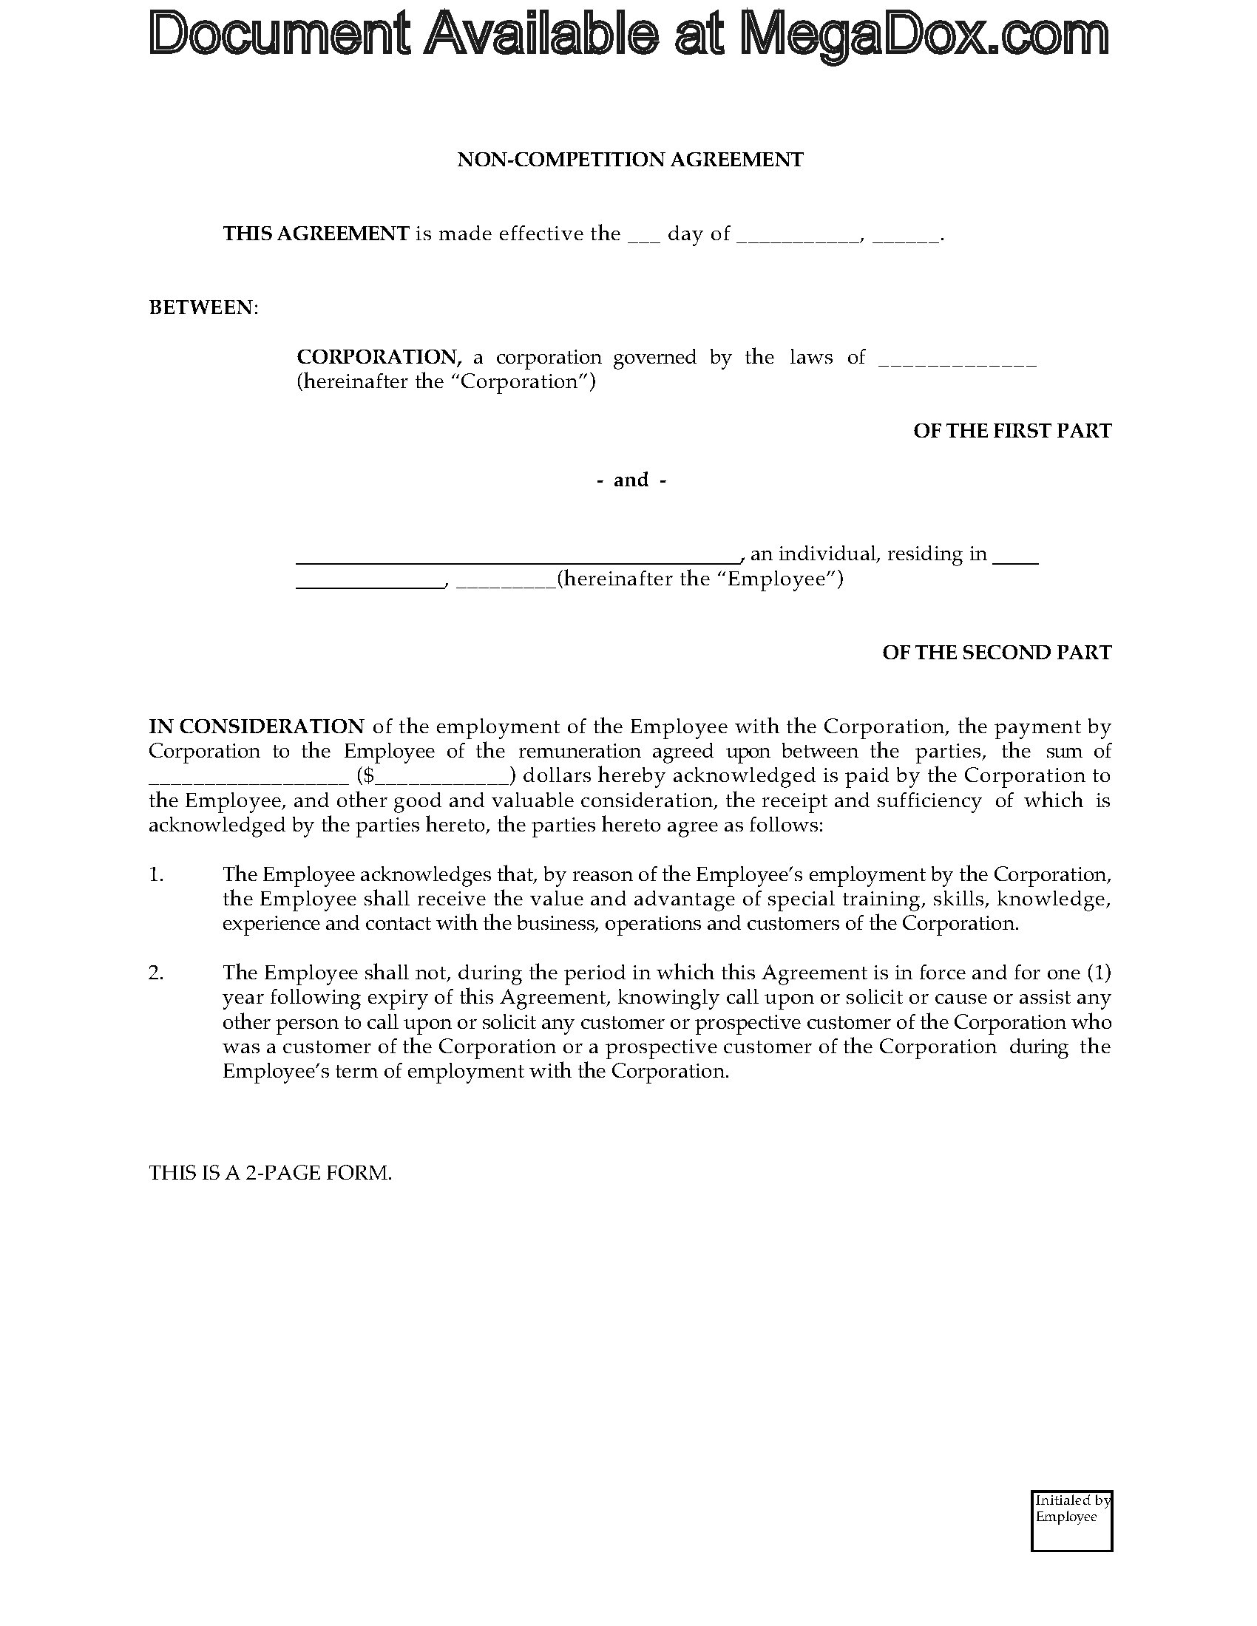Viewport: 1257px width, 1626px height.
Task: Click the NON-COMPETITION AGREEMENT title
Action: (630, 160)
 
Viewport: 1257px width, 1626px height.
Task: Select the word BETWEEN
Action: (203, 307)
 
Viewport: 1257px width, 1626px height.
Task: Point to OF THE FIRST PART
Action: (1012, 431)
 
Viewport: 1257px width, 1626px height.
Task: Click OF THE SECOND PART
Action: (997, 653)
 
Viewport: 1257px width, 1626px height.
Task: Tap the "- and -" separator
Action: (631, 480)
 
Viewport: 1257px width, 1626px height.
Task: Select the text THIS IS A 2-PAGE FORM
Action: (271, 1174)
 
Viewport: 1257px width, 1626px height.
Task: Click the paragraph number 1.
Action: (156, 875)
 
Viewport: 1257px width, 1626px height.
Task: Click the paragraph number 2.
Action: (156, 973)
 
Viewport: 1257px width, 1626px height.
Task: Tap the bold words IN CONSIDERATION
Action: (257, 727)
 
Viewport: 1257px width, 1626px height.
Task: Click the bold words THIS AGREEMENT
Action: (316, 234)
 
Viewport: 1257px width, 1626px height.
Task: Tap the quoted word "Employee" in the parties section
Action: (776, 579)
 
